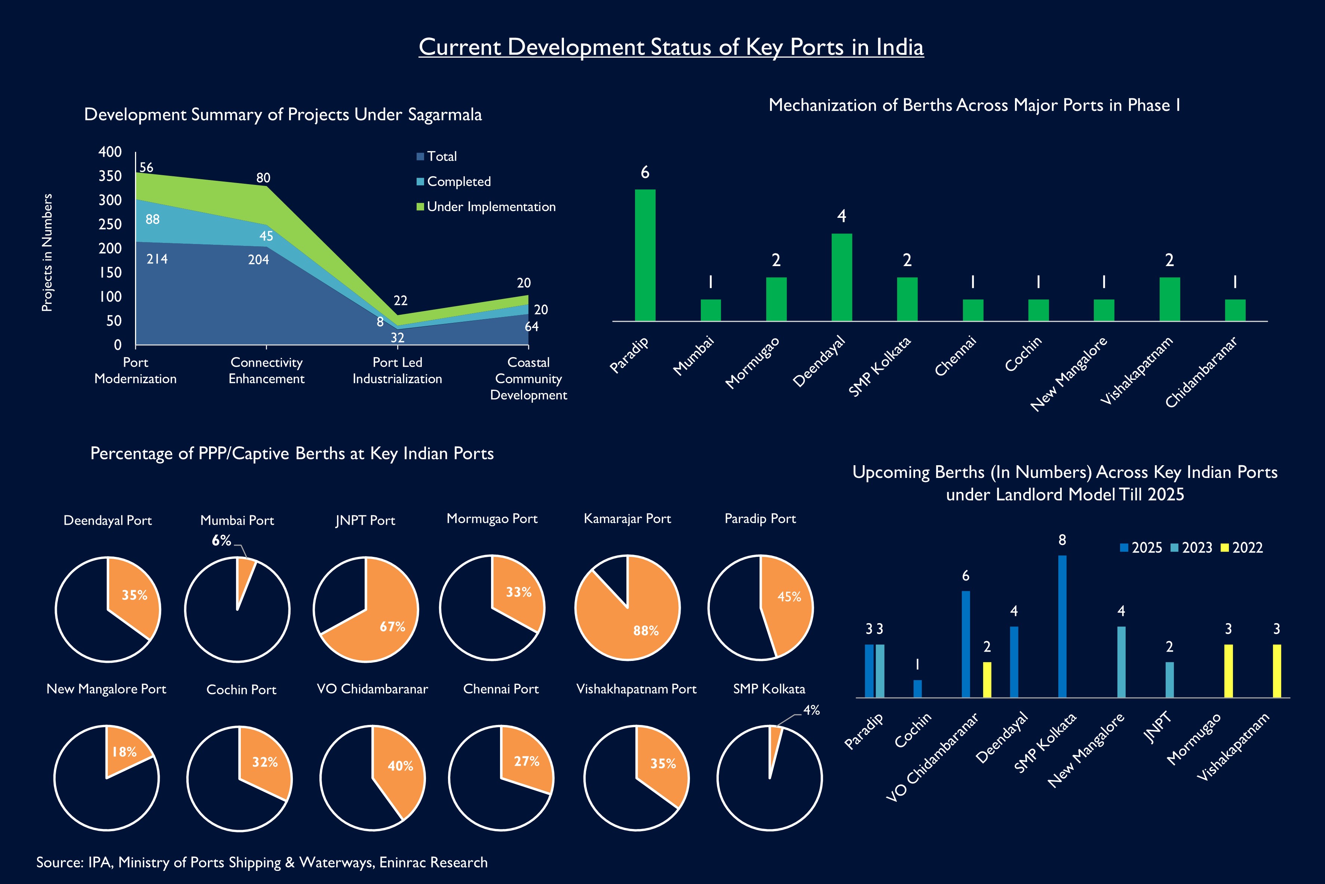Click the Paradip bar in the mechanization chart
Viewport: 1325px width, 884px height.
[x=645, y=255]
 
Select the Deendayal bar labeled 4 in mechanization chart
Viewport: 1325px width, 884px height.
[x=842, y=277]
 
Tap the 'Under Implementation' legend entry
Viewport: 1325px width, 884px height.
[x=485, y=207]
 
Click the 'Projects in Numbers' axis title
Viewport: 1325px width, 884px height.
[x=47, y=253]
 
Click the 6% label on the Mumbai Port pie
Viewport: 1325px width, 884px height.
[x=221, y=541]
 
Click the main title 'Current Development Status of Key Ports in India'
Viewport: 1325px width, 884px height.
[x=671, y=47]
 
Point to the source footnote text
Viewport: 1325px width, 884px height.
[x=262, y=862]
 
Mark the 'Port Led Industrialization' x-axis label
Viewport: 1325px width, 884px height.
[x=397, y=371]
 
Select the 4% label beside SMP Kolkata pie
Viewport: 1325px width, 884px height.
[x=811, y=710]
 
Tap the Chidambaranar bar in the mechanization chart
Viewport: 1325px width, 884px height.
[x=1235, y=310]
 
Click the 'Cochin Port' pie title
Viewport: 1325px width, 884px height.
[x=241, y=689]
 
